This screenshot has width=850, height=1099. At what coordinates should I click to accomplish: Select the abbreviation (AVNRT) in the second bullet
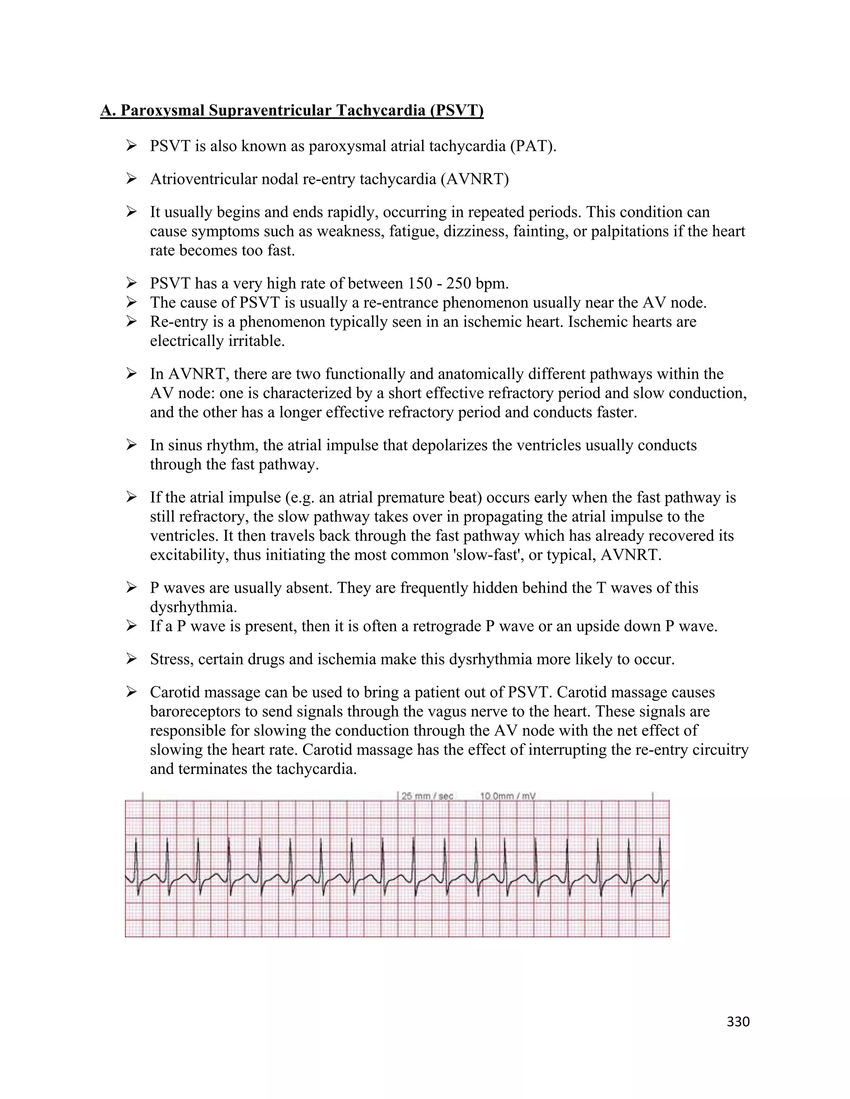tap(475, 179)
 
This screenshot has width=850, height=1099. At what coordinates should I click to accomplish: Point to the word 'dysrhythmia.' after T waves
tap(193, 608)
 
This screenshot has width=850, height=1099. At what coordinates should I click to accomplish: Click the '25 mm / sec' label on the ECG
tap(427, 796)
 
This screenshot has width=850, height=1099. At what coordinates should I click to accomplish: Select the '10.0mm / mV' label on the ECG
tap(507, 796)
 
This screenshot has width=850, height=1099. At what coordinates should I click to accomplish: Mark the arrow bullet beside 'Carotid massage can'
tap(132, 693)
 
